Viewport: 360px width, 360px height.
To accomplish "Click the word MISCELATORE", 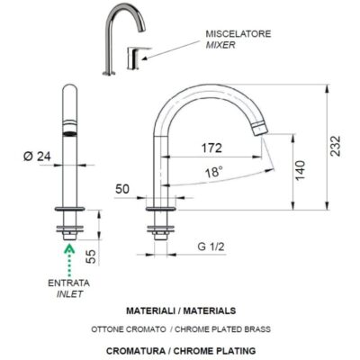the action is tap(238, 33).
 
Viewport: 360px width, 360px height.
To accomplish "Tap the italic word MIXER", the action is tap(220, 45).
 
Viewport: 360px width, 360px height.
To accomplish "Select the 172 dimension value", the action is tap(211, 148).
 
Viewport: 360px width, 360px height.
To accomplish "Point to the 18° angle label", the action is tap(214, 173).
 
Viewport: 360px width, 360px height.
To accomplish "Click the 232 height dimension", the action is tap(336, 146).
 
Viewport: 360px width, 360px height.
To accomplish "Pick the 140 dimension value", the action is tap(300, 170).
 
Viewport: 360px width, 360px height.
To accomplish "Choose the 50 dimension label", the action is tap(122, 189).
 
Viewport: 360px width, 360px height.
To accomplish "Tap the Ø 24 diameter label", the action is tap(37, 157).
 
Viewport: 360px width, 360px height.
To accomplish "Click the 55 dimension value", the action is tap(92, 256).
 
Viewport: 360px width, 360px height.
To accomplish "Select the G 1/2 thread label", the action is tap(211, 247).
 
